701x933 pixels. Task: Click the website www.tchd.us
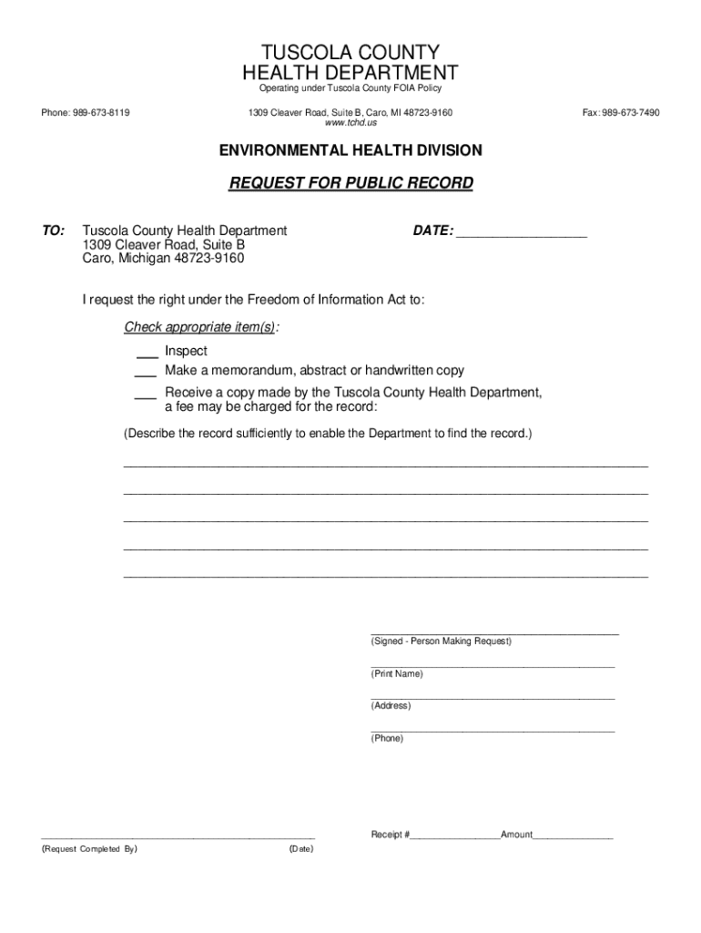click(350, 123)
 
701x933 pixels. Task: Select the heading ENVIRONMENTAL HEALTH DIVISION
click(350, 150)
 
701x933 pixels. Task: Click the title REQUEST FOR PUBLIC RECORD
click(350, 183)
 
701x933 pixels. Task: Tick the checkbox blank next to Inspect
click(146, 354)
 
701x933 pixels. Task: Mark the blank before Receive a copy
click(146, 395)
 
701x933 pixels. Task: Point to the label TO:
click(53, 231)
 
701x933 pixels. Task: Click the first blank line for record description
click(385, 464)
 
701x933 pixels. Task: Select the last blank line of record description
click(385, 576)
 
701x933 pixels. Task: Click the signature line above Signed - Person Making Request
click(494, 631)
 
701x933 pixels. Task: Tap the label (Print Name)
click(397, 674)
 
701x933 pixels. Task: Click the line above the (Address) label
click(493, 698)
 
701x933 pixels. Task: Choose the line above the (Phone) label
click(493, 730)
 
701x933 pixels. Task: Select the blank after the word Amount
click(573, 836)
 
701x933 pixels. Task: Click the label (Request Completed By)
click(89, 849)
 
